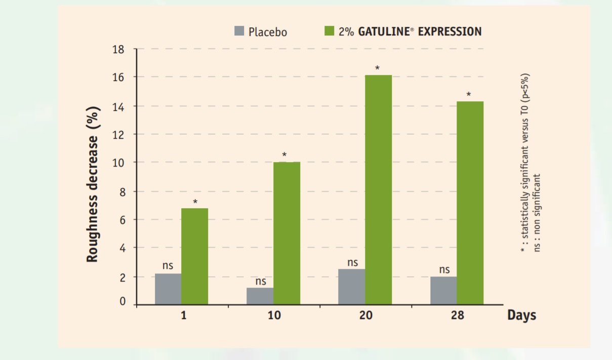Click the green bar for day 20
(378, 190)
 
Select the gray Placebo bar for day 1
(168, 289)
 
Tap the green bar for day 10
(287, 233)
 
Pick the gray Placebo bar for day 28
(443, 291)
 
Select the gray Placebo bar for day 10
(260, 296)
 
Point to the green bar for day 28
(470, 203)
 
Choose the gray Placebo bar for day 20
(352, 287)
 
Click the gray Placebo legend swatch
(239, 31)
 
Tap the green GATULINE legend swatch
(329, 31)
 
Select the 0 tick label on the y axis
(122, 302)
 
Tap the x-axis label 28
(457, 315)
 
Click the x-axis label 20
(365, 315)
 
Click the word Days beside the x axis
(521, 315)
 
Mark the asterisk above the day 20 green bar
(378, 68)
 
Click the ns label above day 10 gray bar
(261, 281)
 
